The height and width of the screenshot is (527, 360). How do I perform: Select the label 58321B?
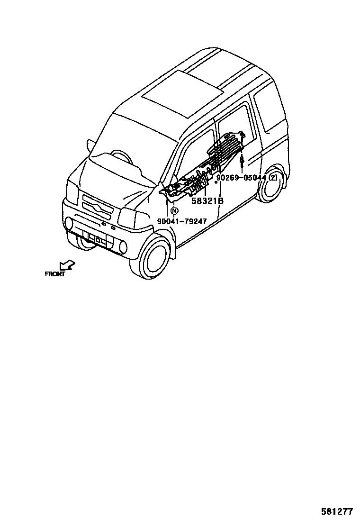[x=207, y=201]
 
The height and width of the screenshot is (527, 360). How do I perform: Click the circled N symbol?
[x=174, y=211]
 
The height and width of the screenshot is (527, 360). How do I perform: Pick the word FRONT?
[x=55, y=274]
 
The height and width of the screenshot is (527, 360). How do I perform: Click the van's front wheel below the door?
[x=155, y=258]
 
